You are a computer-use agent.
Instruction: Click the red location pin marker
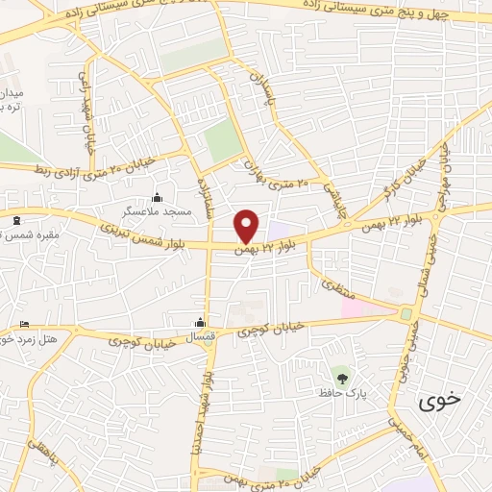pyautogui.click(x=247, y=226)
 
